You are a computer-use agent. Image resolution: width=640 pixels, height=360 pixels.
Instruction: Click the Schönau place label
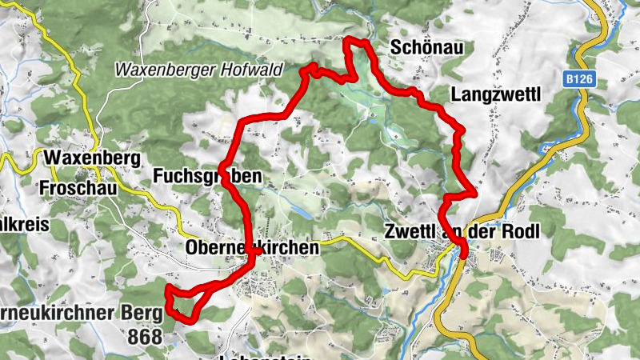pyautogui.click(x=426, y=48)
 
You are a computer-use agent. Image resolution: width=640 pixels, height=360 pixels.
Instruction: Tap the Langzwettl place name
pyautogui.click(x=496, y=94)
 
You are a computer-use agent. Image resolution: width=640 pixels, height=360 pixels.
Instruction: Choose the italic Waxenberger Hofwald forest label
pyautogui.click(x=198, y=70)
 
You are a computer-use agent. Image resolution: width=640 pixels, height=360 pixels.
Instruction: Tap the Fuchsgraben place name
pyautogui.click(x=206, y=175)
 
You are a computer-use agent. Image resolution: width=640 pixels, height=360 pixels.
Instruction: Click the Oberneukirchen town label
pyautogui.click(x=252, y=248)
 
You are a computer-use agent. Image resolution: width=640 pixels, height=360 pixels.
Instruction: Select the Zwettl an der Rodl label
pyautogui.click(x=461, y=232)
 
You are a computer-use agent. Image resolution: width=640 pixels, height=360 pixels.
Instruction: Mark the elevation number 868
pyautogui.click(x=144, y=337)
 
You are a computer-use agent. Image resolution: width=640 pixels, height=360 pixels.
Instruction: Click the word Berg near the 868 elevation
pyautogui.click(x=143, y=313)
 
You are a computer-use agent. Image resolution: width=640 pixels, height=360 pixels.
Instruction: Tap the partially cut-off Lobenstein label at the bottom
pyautogui.click(x=265, y=357)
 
